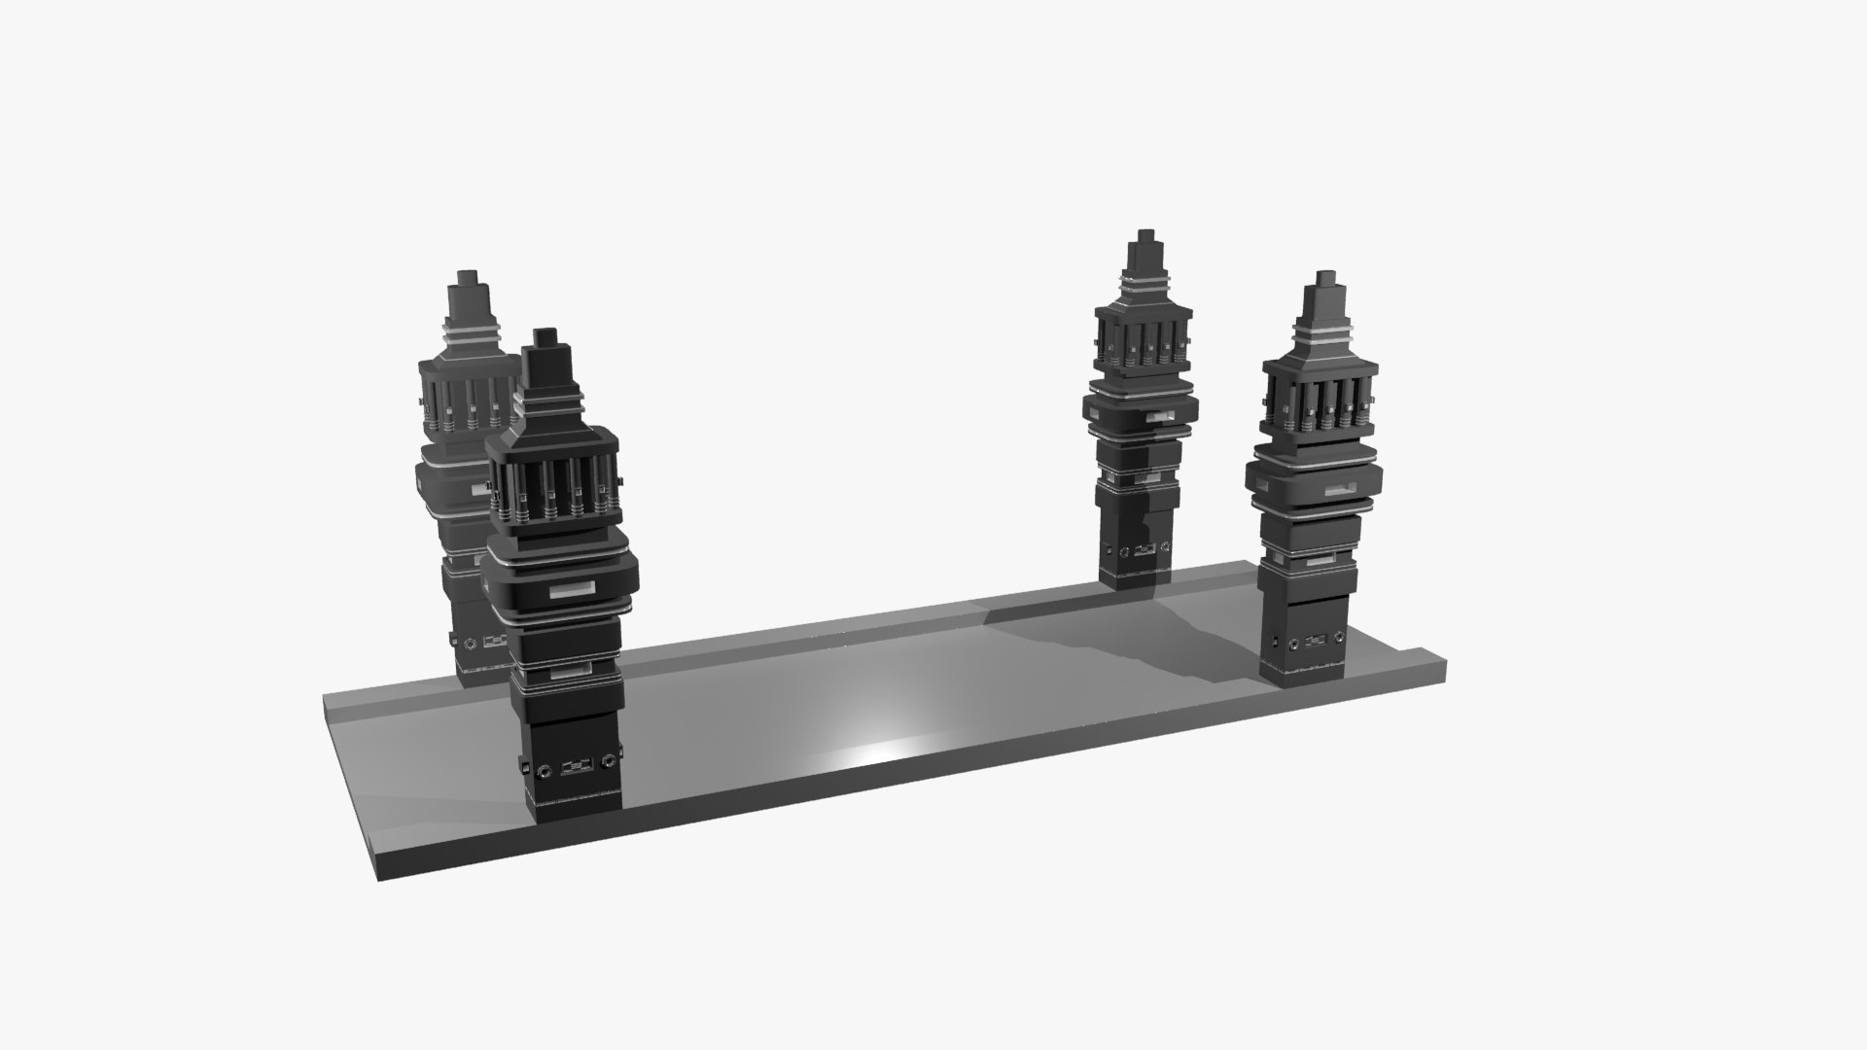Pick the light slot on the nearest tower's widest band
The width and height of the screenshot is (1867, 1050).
pos(573,590)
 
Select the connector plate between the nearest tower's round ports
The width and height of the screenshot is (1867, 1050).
pos(576,765)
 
